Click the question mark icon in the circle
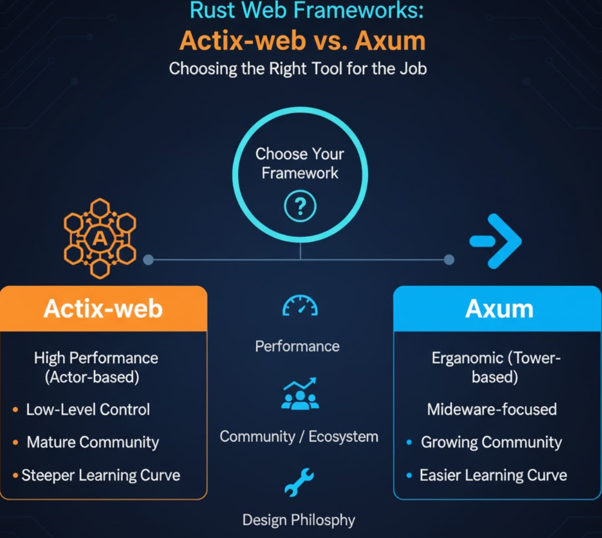point(300,206)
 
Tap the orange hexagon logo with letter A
point(100,238)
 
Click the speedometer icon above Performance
point(300,306)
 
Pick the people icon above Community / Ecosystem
point(300,394)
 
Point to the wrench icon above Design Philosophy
point(299,482)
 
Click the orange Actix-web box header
point(103,308)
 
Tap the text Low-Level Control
point(88,409)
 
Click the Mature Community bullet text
point(93,442)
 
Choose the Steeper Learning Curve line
point(100,475)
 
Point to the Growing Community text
point(491,442)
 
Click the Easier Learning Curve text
point(493,475)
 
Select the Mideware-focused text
point(491,409)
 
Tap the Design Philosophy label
point(298,520)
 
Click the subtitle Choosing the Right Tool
point(298,68)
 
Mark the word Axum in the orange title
point(390,41)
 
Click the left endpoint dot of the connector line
point(148,259)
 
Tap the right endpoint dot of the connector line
point(449,259)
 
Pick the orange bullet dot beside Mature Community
point(15,442)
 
